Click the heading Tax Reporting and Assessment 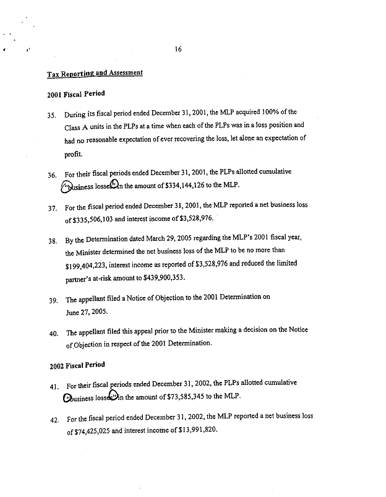click(95, 73)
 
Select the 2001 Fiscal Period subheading click(75, 94)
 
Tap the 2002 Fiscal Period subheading click(77, 365)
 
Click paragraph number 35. click(53, 114)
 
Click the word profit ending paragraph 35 click(74, 154)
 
